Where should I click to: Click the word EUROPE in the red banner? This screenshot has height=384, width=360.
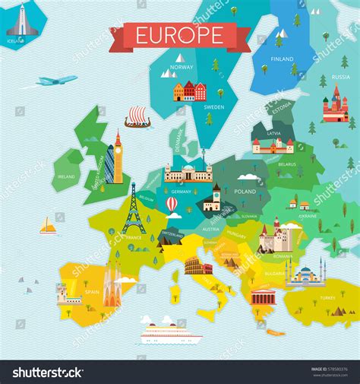[179, 35]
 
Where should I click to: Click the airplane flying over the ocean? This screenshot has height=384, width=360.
[56, 80]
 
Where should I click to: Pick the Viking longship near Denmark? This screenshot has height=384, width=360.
[137, 116]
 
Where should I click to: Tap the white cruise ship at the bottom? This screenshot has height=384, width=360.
[169, 332]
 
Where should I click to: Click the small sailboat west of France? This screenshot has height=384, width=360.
[48, 227]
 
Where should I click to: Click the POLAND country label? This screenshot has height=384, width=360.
[245, 192]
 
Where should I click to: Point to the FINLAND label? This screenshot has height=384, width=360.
[283, 59]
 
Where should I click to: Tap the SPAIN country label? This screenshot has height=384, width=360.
[92, 291]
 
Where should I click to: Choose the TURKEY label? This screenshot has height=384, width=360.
[327, 297]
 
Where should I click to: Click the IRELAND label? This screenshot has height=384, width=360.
[66, 176]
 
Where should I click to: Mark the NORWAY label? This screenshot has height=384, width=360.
[182, 67]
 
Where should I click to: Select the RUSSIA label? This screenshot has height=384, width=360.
[341, 77]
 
